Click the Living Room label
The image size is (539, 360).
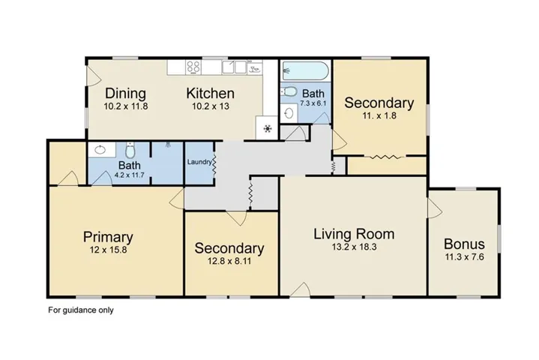(x=354, y=234)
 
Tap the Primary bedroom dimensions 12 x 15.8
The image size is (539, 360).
(x=108, y=250)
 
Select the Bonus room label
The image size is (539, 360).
(x=464, y=244)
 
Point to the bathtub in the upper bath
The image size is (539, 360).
(x=305, y=70)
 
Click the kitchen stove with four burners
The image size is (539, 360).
(x=193, y=67)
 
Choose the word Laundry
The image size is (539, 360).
(x=199, y=162)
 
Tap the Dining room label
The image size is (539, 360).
(x=125, y=93)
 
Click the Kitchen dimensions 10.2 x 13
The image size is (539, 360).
(x=211, y=106)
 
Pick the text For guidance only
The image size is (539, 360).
(x=81, y=310)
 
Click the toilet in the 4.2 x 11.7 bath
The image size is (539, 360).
(x=130, y=150)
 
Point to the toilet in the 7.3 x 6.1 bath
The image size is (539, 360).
(x=289, y=91)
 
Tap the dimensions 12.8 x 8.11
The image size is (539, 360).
(x=229, y=261)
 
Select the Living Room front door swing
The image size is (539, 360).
(x=301, y=289)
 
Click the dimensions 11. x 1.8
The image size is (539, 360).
(x=379, y=115)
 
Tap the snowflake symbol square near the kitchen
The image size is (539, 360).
(x=267, y=128)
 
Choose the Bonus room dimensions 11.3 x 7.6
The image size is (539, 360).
(x=464, y=256)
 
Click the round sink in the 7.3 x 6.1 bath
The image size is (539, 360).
(x=289, y=112)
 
